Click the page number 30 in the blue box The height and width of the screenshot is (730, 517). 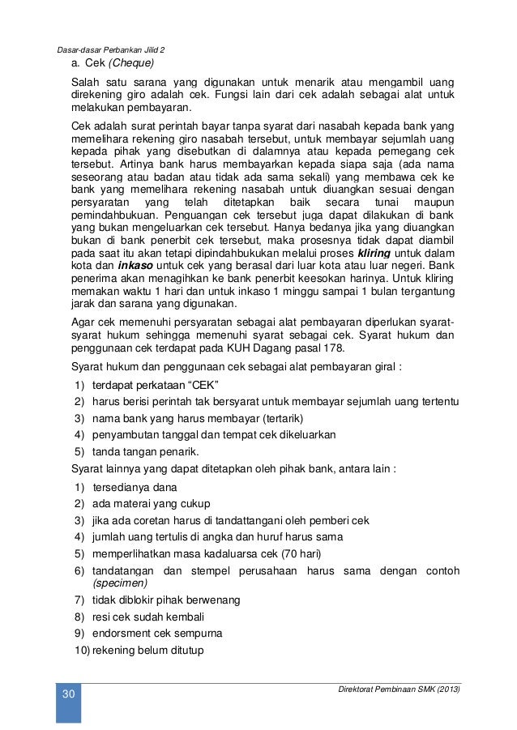tap(67, 695)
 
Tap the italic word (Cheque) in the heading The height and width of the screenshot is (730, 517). tap(131, 63)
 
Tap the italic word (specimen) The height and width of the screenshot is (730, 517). tap(120, 583)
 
